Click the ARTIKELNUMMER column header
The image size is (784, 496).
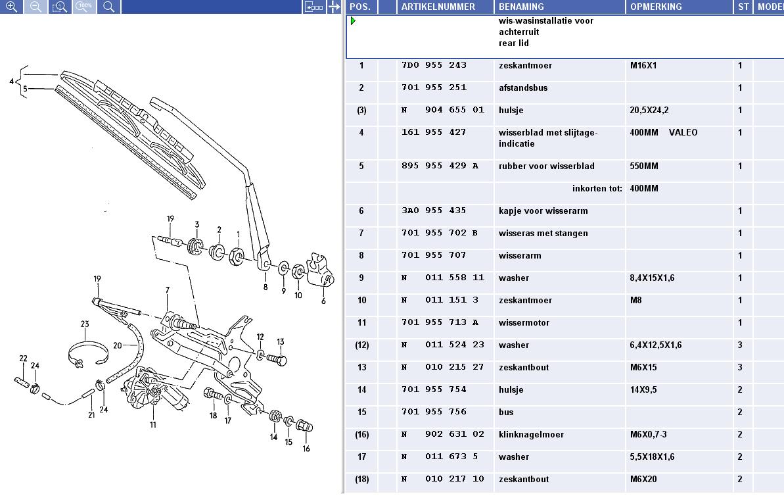coord(438,7)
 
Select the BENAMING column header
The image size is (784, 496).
coord(521,7)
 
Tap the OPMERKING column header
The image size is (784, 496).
coord(655,7)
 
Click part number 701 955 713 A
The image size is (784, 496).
coord(440,322)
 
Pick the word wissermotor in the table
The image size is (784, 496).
coord(524,323)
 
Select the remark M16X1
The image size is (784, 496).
coord(643,66)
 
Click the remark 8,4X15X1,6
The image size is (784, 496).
coord(652,278)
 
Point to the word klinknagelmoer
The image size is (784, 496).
coord(531,434)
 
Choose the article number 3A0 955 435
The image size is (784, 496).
coord(434,211)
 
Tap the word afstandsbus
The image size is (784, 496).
coord(523,88)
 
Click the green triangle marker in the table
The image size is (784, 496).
coord(353,21)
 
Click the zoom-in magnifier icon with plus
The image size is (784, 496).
coord(11,7)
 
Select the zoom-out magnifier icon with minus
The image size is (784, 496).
coord(35,7)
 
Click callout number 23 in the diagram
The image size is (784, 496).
coord(85,324)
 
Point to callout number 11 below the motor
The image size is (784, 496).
coord(153,424)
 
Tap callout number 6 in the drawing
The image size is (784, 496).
coord(323,301)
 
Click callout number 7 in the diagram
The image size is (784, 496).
coord(168,290)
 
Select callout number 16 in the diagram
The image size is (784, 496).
coord(306,449)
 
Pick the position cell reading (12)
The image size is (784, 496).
coord(361,345)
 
